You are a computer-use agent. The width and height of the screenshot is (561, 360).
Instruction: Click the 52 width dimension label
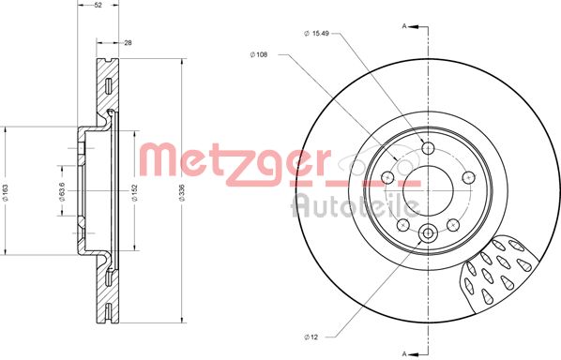(x=99, y=6)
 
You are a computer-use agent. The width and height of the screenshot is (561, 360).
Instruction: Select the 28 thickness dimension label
(x=129, y=43)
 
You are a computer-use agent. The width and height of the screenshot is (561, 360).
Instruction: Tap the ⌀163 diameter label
(x=5, y=192)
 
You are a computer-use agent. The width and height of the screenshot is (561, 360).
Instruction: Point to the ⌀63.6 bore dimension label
(x=62, y=191)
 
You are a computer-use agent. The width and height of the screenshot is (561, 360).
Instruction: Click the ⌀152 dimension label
(x=134, y=192)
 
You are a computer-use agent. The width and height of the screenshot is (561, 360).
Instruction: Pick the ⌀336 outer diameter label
(x=182, y=192)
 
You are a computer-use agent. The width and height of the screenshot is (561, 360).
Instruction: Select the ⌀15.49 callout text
(x=316, y=33)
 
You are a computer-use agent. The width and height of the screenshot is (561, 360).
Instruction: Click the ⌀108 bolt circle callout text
(x=259, y=54)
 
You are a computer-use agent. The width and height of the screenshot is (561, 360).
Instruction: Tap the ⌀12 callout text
(x=311, y=337)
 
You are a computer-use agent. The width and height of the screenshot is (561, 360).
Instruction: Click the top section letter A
(x=404, y=26)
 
